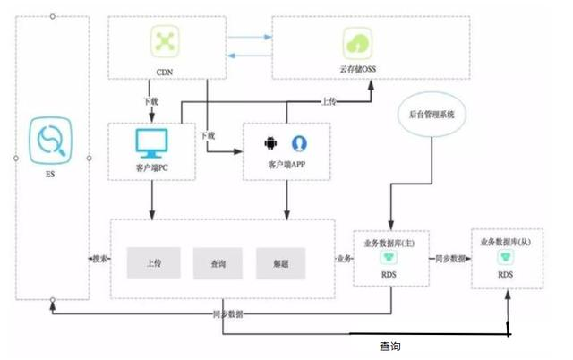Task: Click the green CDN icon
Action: [162, 40]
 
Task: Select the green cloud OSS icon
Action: [355, 41]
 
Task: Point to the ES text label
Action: [52, 176]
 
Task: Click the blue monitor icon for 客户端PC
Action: [150, 142]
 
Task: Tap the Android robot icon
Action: [268, 143]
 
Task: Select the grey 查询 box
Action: [218, 263]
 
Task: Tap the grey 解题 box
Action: [281, 263]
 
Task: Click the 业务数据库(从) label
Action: [507, 241]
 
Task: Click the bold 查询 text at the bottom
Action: [389, 346]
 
